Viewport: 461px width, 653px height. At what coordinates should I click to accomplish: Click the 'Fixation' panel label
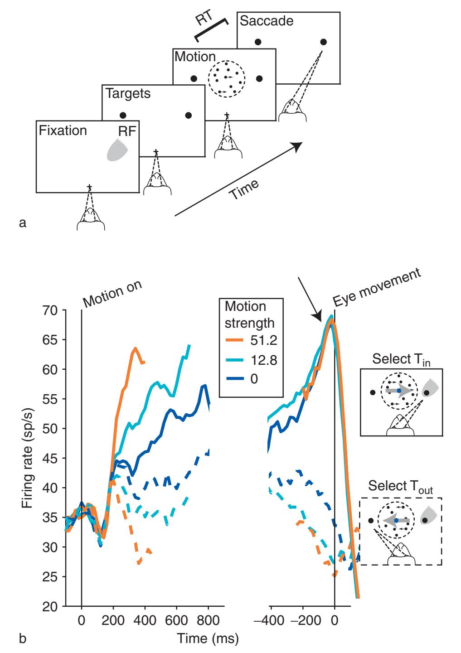click(63, 131)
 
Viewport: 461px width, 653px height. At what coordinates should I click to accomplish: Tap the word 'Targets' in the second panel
click(128, 94)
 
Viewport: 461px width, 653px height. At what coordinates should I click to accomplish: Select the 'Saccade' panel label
click(267, 21)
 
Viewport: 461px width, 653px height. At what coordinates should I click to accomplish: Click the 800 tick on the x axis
click(208, 620)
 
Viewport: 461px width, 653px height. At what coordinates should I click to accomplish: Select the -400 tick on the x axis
click(271, 620)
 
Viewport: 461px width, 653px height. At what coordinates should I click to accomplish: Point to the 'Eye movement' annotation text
click(377, 286)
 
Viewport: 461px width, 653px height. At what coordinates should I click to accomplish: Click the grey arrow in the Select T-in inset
click(399, 390)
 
